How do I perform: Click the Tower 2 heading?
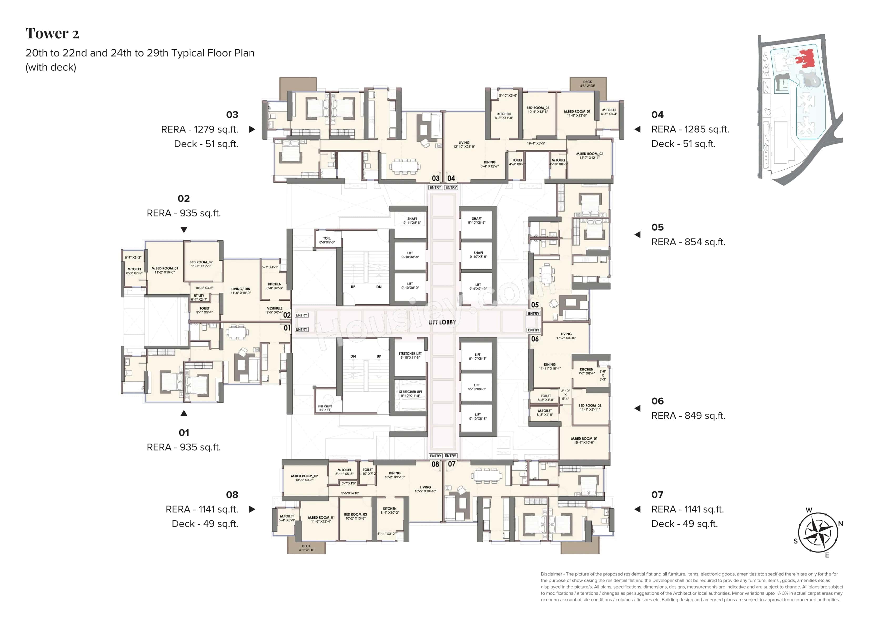[x=52, y=34]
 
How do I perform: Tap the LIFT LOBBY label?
[x=442, y=322]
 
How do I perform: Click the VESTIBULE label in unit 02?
[x=274, y=310]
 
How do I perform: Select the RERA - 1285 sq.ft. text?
[x=690, y=129]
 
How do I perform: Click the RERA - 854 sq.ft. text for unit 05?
[x=688, y=242]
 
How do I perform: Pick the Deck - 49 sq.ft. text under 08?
[x=205, y=524]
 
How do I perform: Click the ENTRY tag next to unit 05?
[x=533, y=314]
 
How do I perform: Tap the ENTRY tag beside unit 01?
[x=301, y=329]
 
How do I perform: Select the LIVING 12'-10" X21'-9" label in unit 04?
[x=464, y=144]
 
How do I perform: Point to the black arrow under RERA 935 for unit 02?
[x=184, y=230]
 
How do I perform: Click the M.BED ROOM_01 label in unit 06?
[x=584, y=440]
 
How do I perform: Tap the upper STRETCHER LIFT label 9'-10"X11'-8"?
[x=410, y=355]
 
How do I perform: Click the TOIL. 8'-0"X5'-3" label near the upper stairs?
[x=327, y=240]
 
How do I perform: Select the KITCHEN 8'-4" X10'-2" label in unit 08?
[x=390, y=510]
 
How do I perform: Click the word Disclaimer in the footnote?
[x=551, y=574]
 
